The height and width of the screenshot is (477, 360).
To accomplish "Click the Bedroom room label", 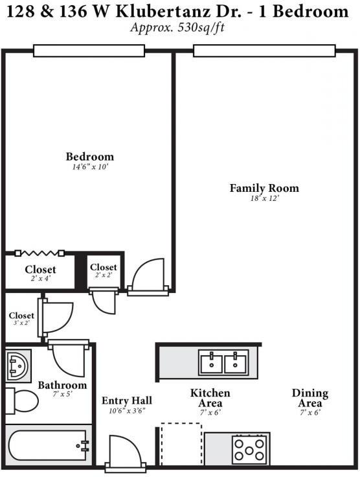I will click(90, 157).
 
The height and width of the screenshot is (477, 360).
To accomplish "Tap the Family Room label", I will click(264, 189).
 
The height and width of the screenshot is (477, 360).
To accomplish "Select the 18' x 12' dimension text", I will click(264, 200).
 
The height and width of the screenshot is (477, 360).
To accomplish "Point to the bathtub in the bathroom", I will click(48, 445).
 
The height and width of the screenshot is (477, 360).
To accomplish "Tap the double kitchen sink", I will click(223, 364).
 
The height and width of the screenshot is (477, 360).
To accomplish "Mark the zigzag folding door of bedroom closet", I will click(39, 253).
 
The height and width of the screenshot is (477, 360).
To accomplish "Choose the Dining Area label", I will click(309, 393).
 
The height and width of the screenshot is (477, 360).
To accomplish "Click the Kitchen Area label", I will click(210, 393).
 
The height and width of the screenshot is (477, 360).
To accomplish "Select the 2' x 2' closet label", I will click(103, 268).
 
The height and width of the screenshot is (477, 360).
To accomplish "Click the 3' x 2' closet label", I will click(21, 316).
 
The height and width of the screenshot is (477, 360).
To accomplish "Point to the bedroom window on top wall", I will click(89, 51).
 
